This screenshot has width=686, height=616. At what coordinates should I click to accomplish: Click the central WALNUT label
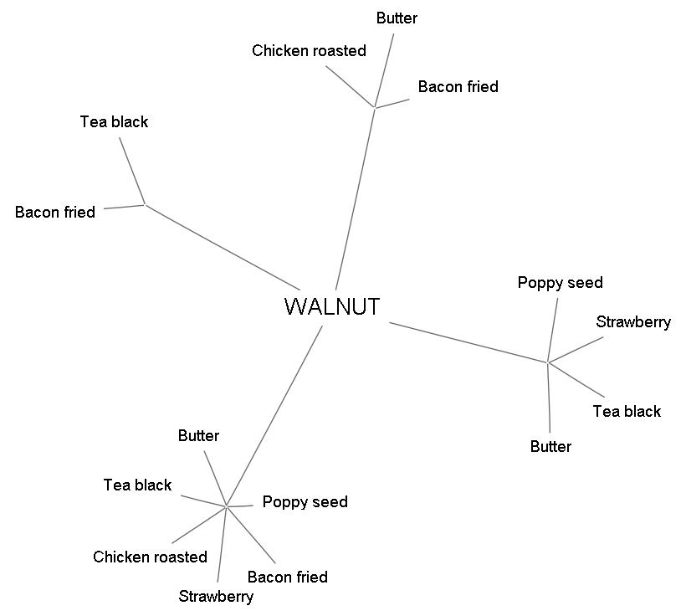tap(332, 306)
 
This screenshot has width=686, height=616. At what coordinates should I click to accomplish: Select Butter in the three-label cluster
tap(397, 18)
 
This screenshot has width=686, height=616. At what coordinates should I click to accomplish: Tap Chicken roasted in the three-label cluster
tap(309, 51)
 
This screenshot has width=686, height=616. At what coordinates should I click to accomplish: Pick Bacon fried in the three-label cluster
tap(458, 87)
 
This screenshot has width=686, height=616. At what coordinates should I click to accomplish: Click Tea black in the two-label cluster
tap(114, 122)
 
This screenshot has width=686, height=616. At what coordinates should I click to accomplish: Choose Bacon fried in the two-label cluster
tap(55, 213)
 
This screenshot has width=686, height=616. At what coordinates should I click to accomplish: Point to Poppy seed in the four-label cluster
tap(560, 283)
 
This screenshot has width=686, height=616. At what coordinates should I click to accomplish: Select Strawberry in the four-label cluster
tap(633, 322)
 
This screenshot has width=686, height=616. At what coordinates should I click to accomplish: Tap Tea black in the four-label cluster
tap(627, 412)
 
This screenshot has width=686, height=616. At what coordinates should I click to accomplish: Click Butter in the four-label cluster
tap(550, 447)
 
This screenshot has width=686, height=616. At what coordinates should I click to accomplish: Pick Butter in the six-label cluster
tap(198, 436)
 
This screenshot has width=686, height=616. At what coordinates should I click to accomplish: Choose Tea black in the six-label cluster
tap(137, 485)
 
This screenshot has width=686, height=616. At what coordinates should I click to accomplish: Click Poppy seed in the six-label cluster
tap(305, 502)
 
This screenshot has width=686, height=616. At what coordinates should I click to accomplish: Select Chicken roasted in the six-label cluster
tap(150, 557)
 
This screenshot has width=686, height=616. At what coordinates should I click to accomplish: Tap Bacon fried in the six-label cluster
tap(287, 577)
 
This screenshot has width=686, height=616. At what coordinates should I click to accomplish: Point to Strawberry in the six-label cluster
tap(216, 597)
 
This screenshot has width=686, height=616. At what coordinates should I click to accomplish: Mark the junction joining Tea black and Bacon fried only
tap(146, 204)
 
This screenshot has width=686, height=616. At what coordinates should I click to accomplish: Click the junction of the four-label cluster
tap(548, 362)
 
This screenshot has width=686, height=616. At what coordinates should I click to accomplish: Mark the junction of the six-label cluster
tap(227, 506)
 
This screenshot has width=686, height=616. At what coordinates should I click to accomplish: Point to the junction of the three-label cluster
tap(374, 107)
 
